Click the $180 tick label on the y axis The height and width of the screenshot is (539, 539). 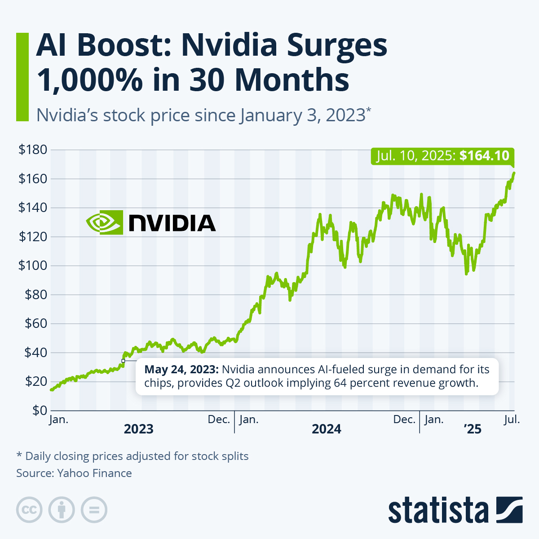pos(32,150)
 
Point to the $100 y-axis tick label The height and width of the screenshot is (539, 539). pos(32,265)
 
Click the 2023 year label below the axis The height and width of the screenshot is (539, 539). pos(138,429)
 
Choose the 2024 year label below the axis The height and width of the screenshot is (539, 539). pos(327,429)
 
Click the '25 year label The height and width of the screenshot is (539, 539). pos(473,429)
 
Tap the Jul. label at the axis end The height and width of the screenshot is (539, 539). pos(512,420)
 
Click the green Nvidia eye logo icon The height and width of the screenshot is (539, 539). pos(104,222)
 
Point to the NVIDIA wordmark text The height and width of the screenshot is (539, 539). pos(172,223)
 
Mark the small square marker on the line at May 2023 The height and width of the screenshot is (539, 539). pos(123,361)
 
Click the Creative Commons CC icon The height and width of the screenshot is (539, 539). pos(29,510)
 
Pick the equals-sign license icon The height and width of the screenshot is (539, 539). pos(94,510)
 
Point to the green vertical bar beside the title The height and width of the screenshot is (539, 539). pos(22,77)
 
